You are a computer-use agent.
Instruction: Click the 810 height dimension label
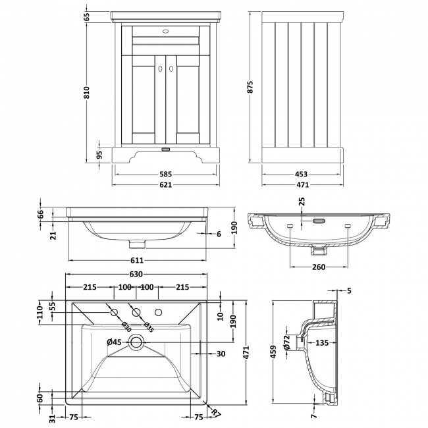click(x=86, y=92)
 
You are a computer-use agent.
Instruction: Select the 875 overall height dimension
click(x=250, y=87)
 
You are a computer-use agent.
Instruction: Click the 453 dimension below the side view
click(x=301, y=174)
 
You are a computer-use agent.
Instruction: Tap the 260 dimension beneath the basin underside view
click(x=318, y=267)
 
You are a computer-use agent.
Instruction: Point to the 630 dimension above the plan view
click(x=136, y=275)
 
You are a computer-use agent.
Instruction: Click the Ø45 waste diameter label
click(x=115, y=341)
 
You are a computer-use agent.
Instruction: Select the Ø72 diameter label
click(x=287, y=342)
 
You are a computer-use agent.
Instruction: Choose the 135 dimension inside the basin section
click(x=322, y=343)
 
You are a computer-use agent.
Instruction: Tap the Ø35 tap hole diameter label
click(x=147, y=326)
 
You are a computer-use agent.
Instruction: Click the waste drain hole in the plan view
click(x=136, y=341)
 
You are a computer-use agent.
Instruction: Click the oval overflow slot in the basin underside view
click(x=318, y=222)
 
